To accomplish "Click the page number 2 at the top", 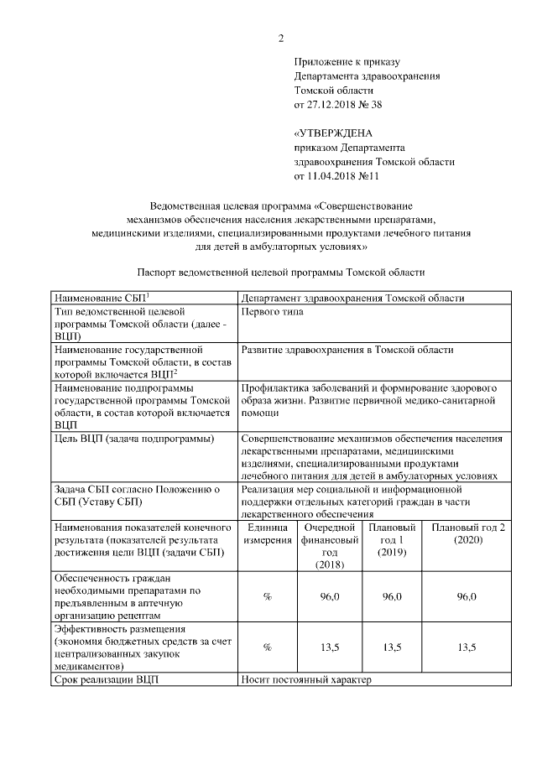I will point(281,38).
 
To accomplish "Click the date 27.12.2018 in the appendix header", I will point(333,104).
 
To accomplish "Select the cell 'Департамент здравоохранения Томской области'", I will point(352,298).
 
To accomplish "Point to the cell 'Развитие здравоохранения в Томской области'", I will point(347,349).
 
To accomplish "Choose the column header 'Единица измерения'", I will point(268,533).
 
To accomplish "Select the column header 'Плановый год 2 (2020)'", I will point(467,533).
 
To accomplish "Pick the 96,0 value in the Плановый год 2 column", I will point(467,596).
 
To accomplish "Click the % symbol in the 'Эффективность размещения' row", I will point(268,647).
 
